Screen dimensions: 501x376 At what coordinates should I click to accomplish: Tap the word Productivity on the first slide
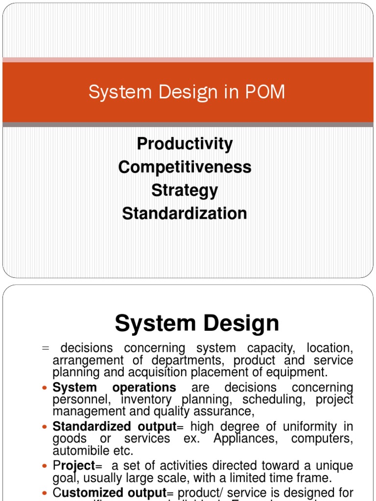pyautogui.click(x=185, y=144)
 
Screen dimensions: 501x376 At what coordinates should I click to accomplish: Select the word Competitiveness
pyautogui.click(x=185, y=167)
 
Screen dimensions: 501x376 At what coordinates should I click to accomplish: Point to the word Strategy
pyautogui.click(x=185, y=190)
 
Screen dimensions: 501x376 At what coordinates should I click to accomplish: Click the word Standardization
pyautogui.click(x=185, y=214)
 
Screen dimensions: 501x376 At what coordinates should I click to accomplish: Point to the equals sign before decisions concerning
pyautogui.click(x=46, y=348)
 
